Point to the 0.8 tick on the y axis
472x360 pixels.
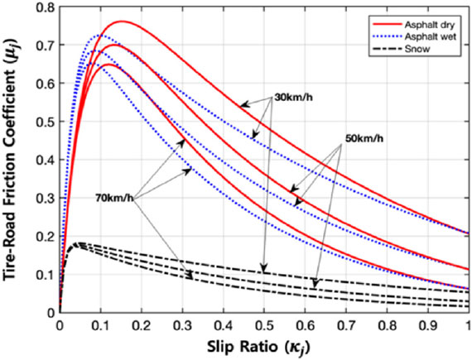point(46,7)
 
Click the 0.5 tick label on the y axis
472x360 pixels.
point(46,122)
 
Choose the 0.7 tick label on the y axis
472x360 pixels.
point(46,46)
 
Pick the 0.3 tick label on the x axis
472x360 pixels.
point(182,324)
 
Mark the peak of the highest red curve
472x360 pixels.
point(121,22)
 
